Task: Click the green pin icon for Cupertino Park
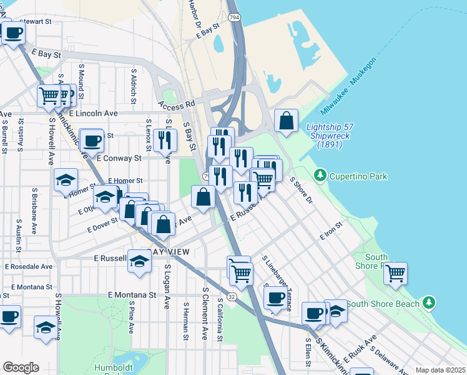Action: click(x=320, y=175)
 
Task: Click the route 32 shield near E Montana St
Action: click(x=232, y=297)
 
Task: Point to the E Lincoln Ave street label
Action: click(x=94, y=114)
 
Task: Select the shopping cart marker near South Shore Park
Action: click(x=395, y=274)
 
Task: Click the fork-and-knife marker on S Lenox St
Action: click(x=164, y=140)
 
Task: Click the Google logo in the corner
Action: click(x=21, y=367)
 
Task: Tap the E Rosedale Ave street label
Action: click(x=29, y=266)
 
